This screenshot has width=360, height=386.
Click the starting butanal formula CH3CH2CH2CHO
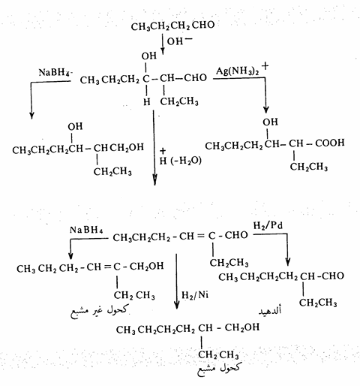172,26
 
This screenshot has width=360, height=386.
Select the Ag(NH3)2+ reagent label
242,70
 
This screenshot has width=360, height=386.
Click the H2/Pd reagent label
268,225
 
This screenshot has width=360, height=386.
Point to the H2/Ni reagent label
195,295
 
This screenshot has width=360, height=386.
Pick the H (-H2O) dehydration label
181,158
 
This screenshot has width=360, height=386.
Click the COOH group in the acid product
330,143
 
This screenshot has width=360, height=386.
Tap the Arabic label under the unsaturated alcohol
100,311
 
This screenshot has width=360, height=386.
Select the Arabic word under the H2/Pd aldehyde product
270,311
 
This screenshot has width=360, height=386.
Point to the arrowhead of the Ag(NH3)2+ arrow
266,110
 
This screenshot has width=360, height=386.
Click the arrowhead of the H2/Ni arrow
177,306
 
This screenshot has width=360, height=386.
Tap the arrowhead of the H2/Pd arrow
288,262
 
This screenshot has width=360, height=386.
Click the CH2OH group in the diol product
127,147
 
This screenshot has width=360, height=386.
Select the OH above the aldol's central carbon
148,56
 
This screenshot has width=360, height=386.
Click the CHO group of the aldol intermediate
195,78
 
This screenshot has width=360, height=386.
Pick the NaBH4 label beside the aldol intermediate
55,72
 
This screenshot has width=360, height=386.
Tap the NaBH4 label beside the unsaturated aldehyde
86,230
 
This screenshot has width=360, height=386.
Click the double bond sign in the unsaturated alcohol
107,267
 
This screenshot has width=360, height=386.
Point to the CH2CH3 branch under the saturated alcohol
218,354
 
